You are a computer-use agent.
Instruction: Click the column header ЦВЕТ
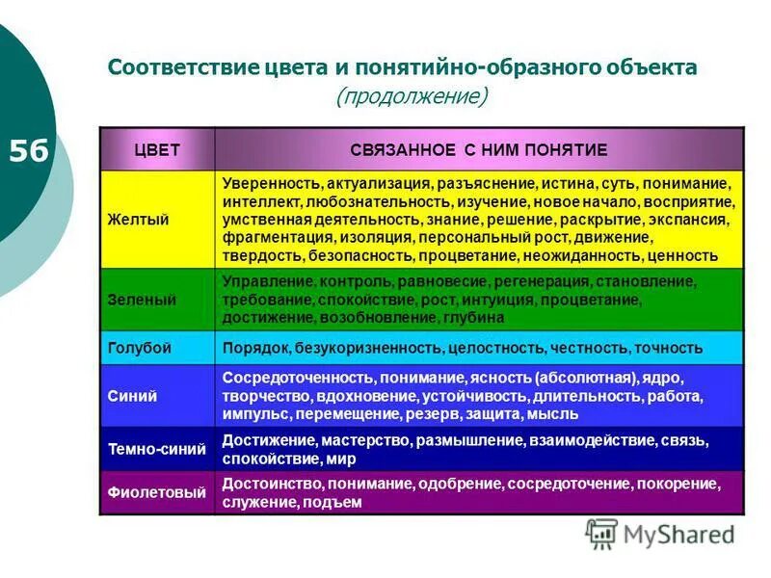coord(156,149)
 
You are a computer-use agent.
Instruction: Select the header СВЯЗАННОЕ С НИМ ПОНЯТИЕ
coord(478,149)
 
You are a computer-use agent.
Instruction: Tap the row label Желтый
coord(138,220)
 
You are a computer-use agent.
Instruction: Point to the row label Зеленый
coord(142,300)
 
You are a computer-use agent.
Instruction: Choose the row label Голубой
coord(140,348)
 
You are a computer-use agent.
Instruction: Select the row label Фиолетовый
coord(156,493)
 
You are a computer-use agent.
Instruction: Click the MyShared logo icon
coord(602,533)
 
